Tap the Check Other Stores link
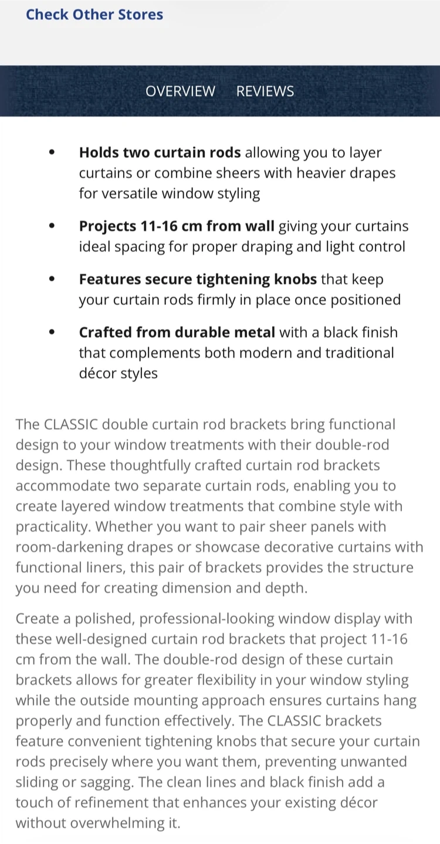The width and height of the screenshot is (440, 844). coord(94,15)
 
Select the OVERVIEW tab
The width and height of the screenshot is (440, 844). coord(180,91)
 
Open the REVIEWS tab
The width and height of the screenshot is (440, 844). coord(265,91)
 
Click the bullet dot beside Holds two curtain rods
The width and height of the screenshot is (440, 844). coord(52,152)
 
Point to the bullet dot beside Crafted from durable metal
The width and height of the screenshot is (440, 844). coord(52,332)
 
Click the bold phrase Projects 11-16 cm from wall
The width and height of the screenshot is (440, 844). coord(177,226)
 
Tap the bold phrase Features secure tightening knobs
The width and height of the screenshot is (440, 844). coord(198,280)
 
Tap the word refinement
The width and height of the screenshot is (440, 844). coord(120,802)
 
